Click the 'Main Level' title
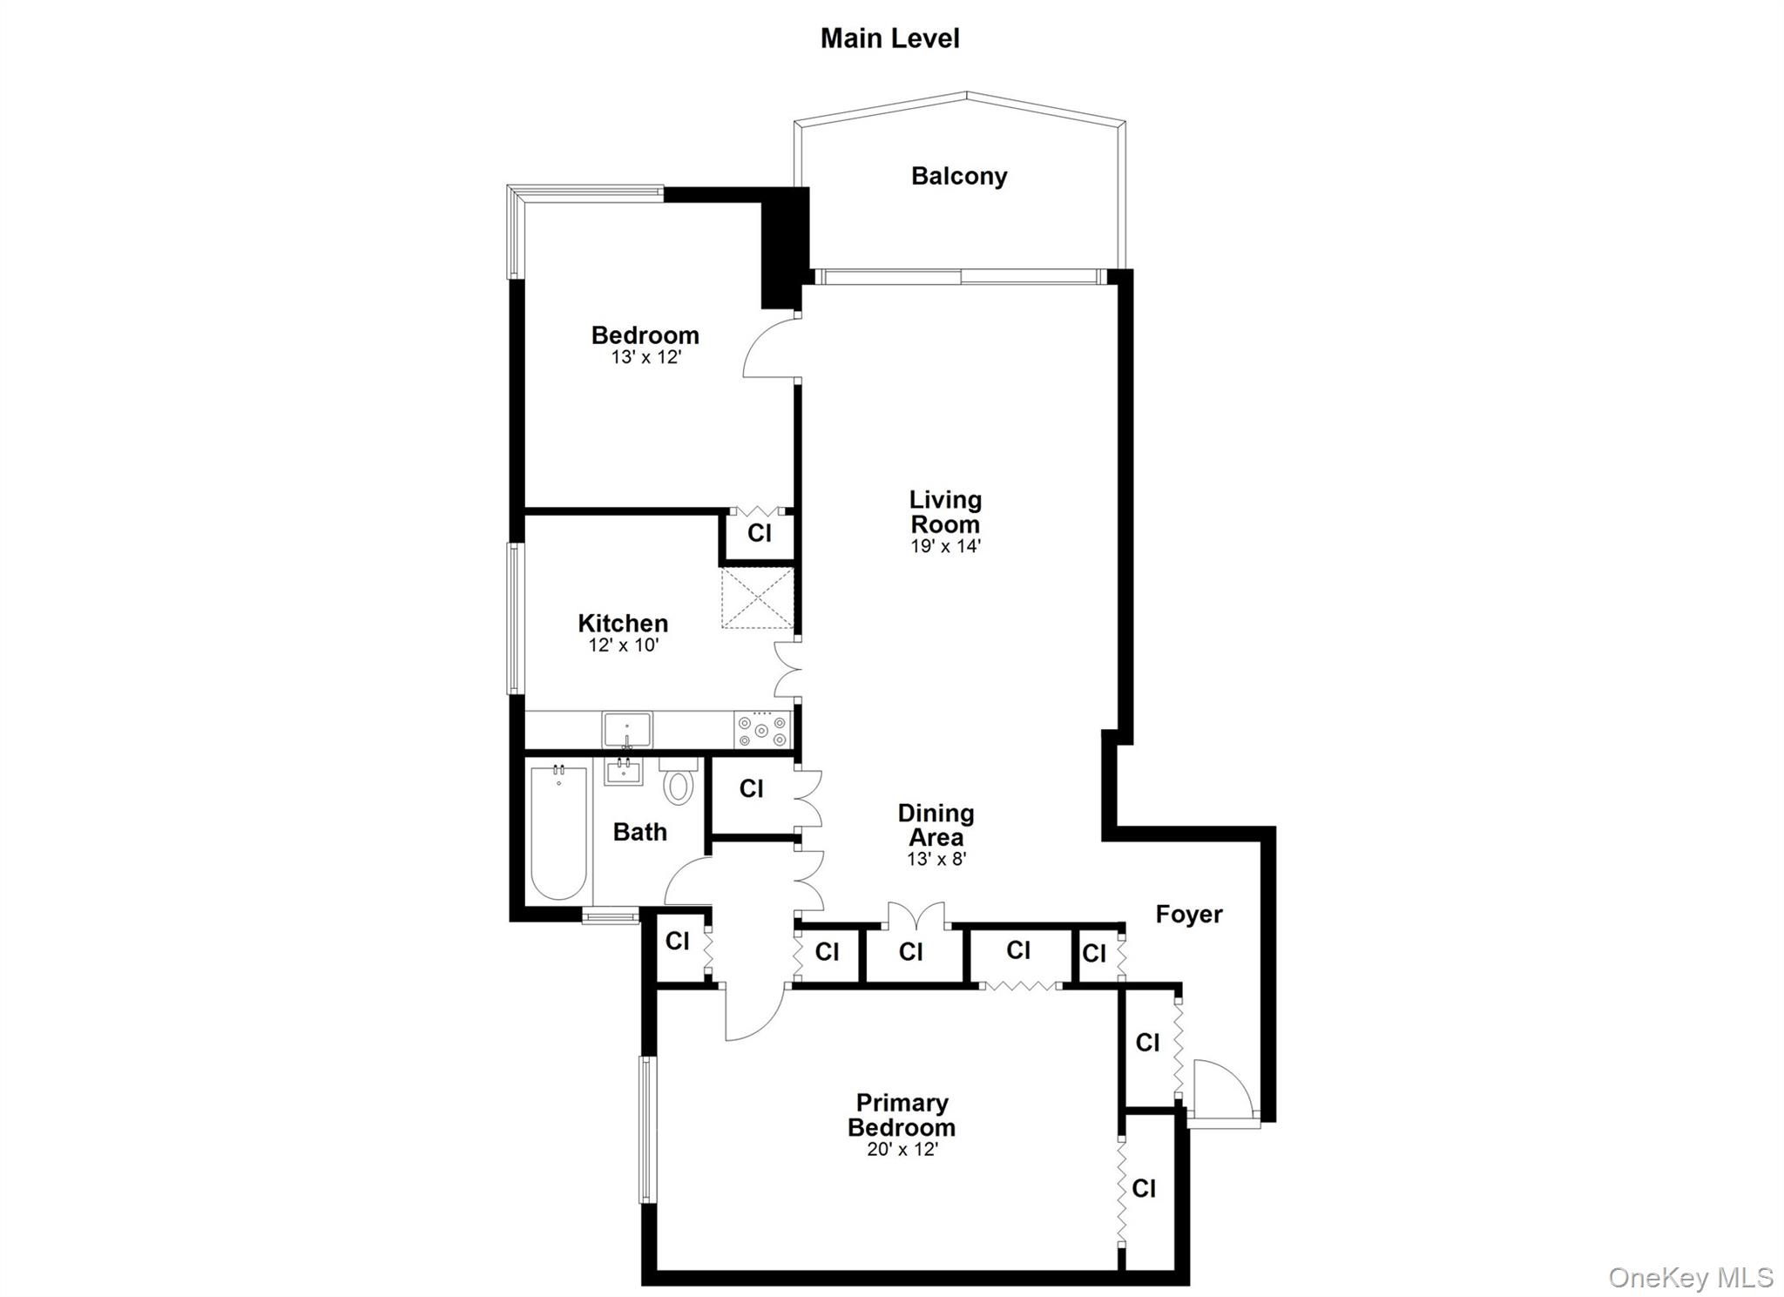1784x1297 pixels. pyautogui.click(x=889, y=38)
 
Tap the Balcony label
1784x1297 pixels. pyautogui.click(x=959, y=176)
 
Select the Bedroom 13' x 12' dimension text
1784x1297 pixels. pyautogui.click(x=645, y=357)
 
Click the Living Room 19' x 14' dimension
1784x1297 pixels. pyautogui.click(x=945, y=546)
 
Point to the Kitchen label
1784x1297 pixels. pyautogui.click(x=623, y=623)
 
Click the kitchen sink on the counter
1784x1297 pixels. pyautogui.click(x=627, y=729)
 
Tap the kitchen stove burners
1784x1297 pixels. pyautogui.click(x=762, y=730)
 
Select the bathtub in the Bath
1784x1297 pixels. pyautogui.click(x=558, y=832)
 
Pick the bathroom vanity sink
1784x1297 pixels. pyautogui.click(x=624, y=772)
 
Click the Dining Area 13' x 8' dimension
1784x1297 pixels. pyautogui.click(x=936, y=859)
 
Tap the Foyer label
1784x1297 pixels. pyautogui.click(x=1188, y=914)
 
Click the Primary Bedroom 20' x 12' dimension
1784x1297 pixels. pyautogui.click(x=902, y=1149)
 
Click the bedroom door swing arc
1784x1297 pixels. pyautogui.click(x=770, y=348)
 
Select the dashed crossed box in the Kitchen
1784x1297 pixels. pyautogui.click(x=757, y=598)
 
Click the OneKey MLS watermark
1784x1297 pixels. pyautogui.click(x=1690, y=1277)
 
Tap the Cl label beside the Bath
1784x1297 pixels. pyautogui.click(x=751, y=788)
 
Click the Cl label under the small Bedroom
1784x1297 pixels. pyautogui.click(x=759, y=532)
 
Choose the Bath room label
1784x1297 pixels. pyautogui.click(x=639, y=832)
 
